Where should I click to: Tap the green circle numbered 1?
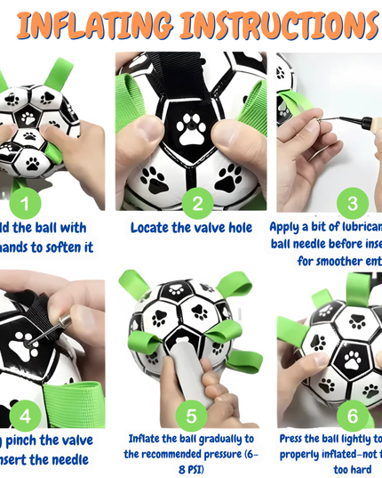(x=24, y=204)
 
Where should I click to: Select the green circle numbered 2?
(x=197, y=204)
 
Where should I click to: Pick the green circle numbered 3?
(x=352, y=204)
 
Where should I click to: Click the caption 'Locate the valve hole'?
(x=191, y=228)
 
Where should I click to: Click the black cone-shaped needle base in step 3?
(x=366, y=119)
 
